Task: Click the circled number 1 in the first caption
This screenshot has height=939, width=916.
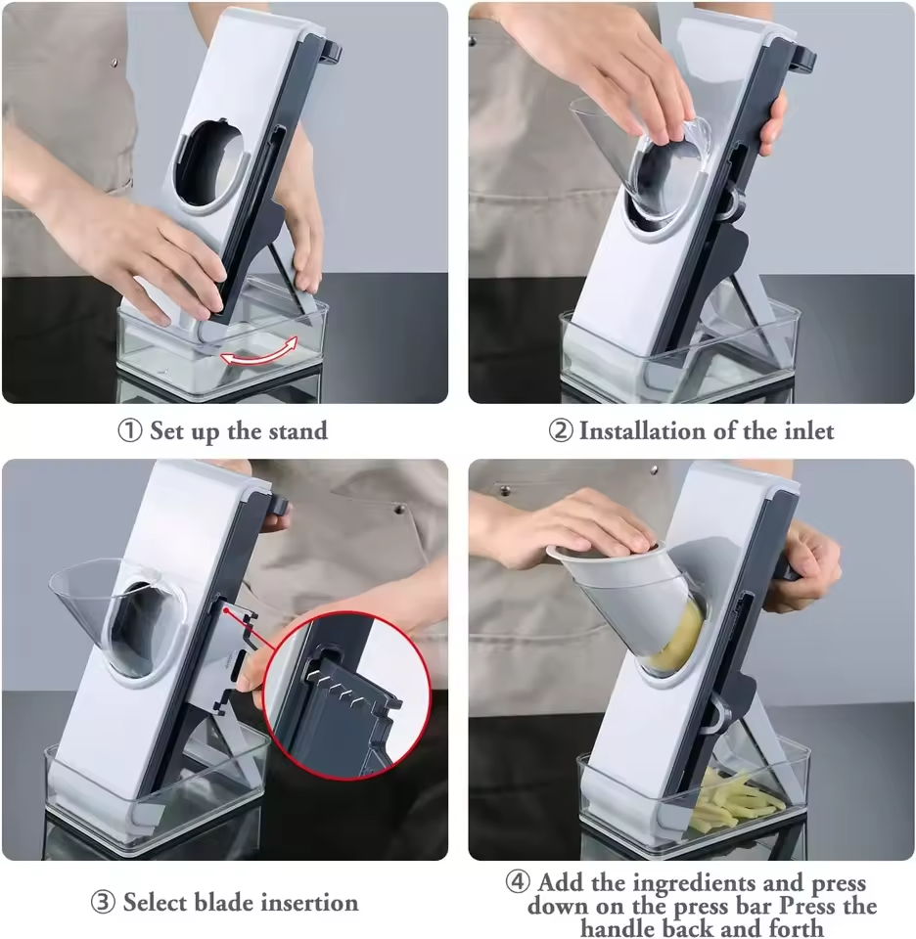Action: (129, 430)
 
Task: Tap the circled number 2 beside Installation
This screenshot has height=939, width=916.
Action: (561, 430)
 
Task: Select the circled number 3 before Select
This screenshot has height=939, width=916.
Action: (103, 903)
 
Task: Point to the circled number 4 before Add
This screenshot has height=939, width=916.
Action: (518, 881)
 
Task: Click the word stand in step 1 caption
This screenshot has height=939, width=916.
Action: (298, 430)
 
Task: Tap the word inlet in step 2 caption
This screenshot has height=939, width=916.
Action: (808, 430)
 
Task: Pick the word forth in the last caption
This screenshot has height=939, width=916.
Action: (797, 927)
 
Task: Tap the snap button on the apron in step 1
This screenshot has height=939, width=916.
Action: (115, 61)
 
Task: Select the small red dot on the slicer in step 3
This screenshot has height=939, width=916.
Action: (227, 610)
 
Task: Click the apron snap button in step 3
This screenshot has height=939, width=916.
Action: (399, 510)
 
